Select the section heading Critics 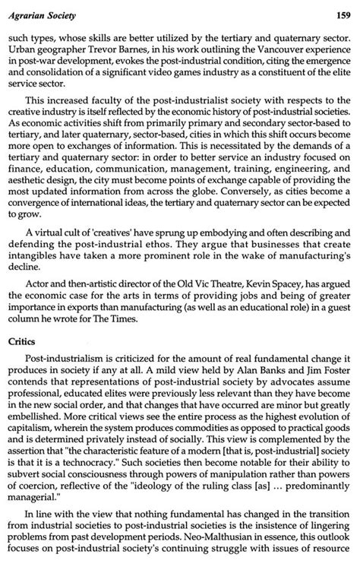(x=25, y=343)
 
